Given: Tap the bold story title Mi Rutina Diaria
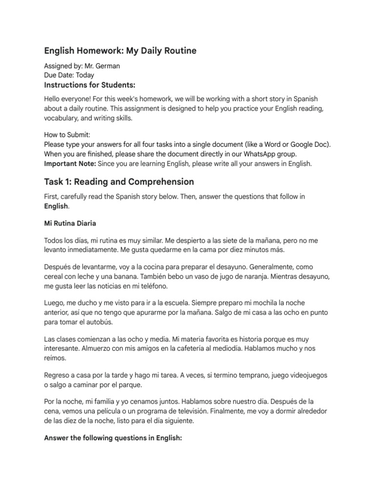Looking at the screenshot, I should [70, 224].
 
